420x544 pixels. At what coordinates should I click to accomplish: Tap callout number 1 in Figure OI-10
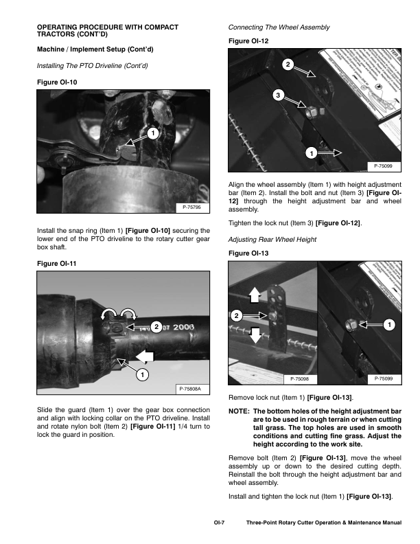coord(151,132)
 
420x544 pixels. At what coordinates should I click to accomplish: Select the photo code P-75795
coord(191,207)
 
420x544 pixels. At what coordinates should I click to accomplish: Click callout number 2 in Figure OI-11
coord(157,327)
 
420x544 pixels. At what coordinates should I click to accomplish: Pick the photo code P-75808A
coord(190,389)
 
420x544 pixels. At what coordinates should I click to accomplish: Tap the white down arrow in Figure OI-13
coord(254,336)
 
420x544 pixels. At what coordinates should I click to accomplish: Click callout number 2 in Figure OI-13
coord(237,316)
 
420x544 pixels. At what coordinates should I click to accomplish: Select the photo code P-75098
coord(300,378)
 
